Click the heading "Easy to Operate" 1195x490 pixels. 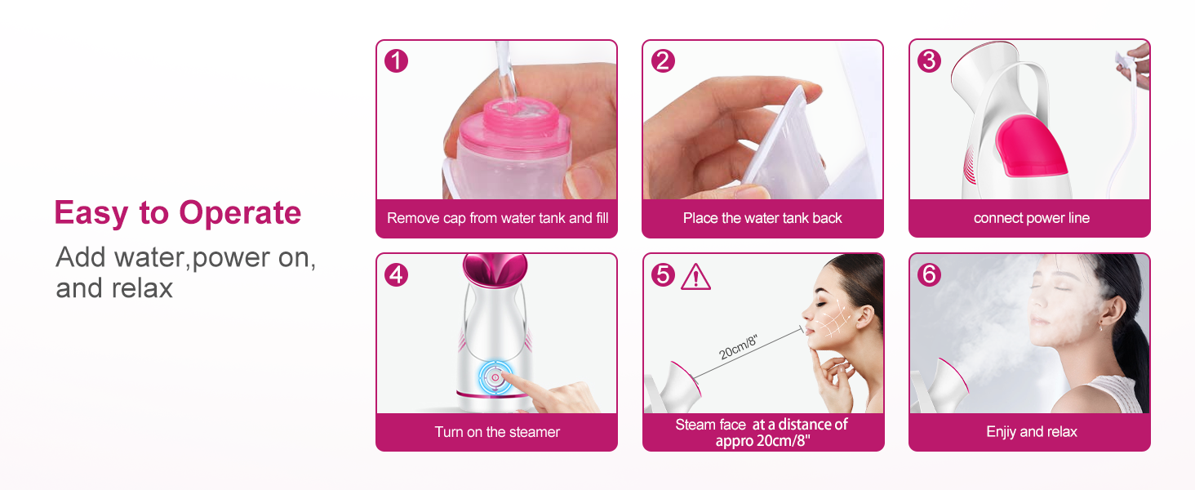177,213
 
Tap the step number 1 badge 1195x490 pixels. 396,60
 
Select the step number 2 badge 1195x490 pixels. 663,60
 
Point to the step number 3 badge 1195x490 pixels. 929,60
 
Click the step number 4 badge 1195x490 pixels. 396,274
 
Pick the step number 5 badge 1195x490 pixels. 663,275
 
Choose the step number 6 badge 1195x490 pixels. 929,275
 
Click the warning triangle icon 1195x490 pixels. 695,277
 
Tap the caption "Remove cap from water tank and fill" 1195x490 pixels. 497,218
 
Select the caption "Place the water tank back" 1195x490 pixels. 762,218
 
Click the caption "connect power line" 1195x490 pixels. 1031,218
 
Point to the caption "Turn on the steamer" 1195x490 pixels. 497,432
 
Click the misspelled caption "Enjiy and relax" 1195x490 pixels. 1031,432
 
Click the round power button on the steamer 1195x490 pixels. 495,377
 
